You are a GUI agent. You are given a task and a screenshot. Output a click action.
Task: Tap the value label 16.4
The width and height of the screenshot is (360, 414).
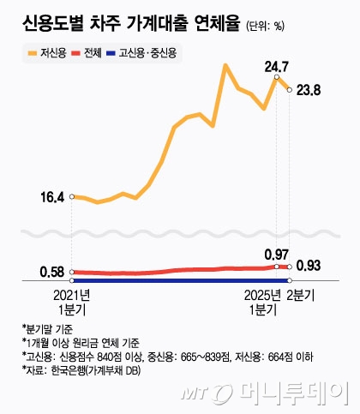52,197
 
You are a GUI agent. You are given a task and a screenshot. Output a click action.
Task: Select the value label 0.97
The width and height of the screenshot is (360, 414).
276,255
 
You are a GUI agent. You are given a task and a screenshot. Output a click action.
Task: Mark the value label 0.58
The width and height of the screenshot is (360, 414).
52,273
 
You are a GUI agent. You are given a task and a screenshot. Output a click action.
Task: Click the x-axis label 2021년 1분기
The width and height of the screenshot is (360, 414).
72,302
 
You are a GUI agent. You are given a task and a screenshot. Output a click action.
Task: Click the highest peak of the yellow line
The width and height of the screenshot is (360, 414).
225,65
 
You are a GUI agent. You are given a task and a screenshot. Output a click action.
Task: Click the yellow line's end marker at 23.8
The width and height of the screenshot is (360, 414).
290,89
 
